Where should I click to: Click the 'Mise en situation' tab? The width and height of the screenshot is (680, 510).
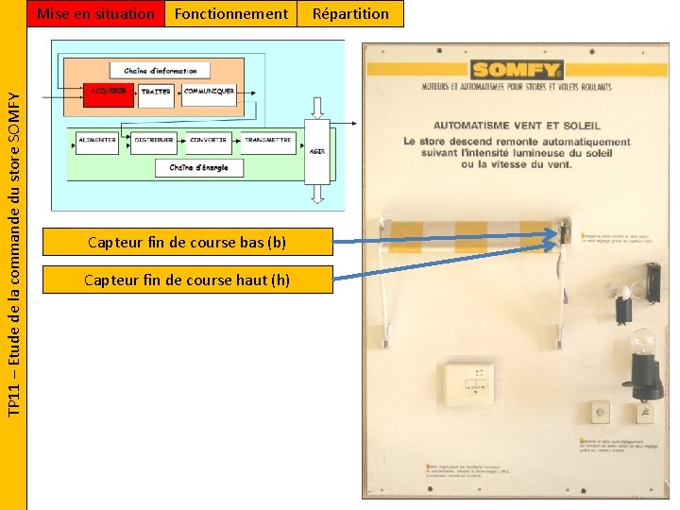click(x=94, y=13)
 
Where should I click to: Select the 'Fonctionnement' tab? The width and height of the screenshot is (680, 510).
click(x=231, y=13)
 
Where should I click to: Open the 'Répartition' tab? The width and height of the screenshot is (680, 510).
click(x=350, y=13)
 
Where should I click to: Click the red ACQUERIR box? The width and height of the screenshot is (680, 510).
click(x=108, y=93)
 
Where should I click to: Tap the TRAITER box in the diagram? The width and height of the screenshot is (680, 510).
click(x=157, y=93)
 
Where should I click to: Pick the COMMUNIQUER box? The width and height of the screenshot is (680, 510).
click(x=209, y=92)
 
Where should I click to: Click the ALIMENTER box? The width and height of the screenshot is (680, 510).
click(x=97, y=141)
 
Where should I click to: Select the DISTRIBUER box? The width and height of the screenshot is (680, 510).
click(x=154, y=141)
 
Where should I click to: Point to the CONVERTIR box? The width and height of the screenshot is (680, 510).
click(x=209, y=141)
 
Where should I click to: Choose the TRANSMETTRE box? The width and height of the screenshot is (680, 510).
click(x=267, y=141)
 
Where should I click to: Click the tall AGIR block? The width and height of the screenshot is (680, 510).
click(x=317, y=151)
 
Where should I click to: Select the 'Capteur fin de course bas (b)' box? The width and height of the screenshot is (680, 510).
click(x=187, y=242)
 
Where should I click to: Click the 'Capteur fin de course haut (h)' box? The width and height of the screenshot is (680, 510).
click(x=187, y=280)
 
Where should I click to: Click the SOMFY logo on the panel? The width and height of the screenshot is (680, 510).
click(x=517, y=70)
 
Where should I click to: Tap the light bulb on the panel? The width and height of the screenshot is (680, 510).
click(x=643, y=345)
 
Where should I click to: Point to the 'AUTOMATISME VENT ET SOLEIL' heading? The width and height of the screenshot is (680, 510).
click(x=517, y=126)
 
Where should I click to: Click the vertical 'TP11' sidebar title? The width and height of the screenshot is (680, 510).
click(x=13, y=255)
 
